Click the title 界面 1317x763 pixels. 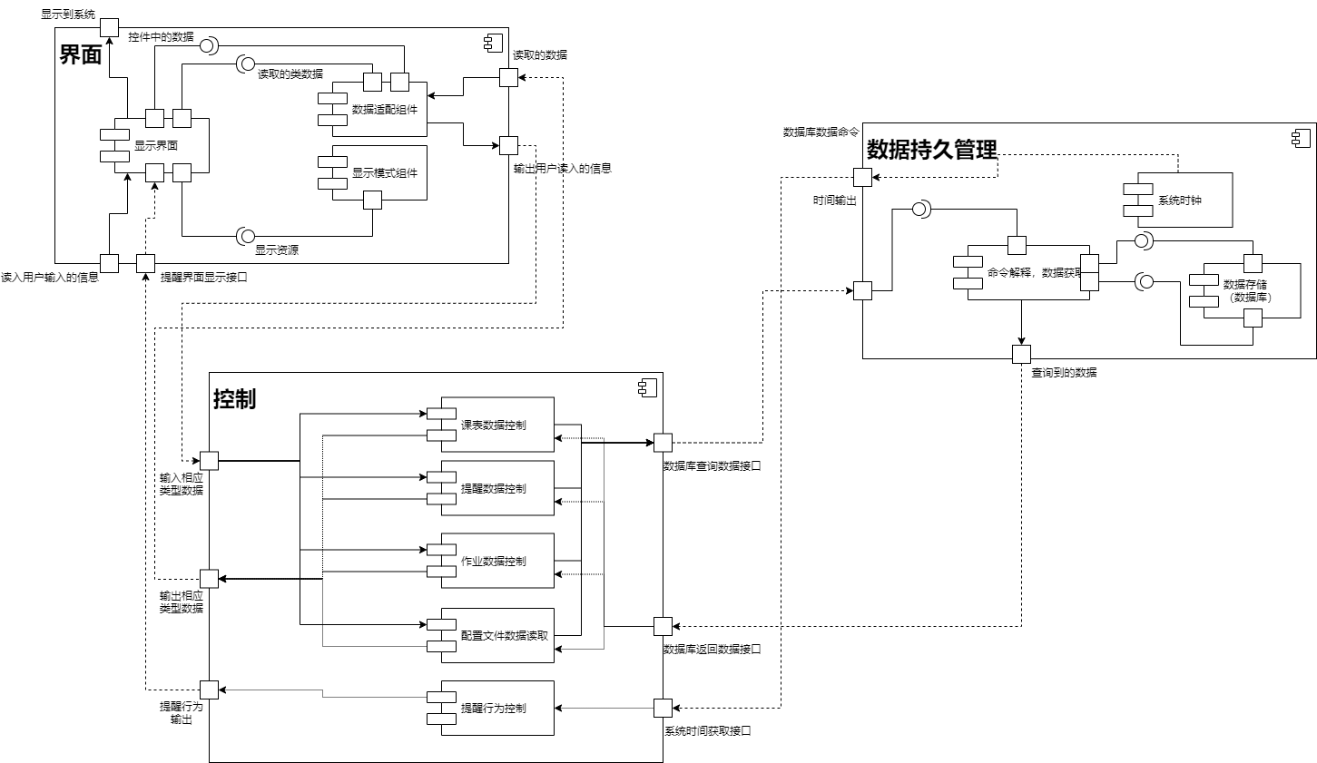[x=81, y=55]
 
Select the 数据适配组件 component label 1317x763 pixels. [x=385, y=110]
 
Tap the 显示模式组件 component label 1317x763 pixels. [x=385, y=173]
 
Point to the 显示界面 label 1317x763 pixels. [x=156, y=145]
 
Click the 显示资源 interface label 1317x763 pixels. [x=277, y=251]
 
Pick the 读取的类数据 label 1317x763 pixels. [x=290, y=74]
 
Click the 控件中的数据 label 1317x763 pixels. [x=161, y=37]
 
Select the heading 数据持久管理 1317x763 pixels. [x=932, y=150]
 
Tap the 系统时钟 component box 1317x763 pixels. [x=1179, y=200]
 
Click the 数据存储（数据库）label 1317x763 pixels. [x=1245, y=290]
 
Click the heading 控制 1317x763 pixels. [x=234, y=399]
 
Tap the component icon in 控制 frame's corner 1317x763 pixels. [x=647, y=387]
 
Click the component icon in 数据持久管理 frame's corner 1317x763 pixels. [x=1301, y=138]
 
